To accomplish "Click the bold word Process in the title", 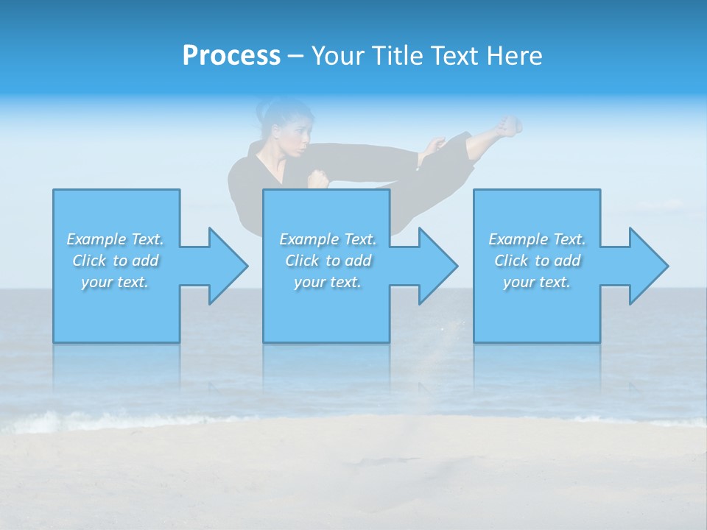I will [x=231, y=56].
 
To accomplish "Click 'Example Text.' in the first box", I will [x=115, y=239].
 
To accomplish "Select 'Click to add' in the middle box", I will [x=328, y=261].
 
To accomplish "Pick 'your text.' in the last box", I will [x=536, y=282].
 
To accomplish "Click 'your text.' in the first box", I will [x=115, y=282].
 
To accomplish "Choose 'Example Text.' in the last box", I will [x=536, y=239].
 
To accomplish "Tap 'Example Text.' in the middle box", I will [x=328, y=239].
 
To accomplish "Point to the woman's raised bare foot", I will [x=507, y=126].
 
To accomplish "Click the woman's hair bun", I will [x=264, y=110].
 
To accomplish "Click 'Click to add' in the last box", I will [x=536, y=261].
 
